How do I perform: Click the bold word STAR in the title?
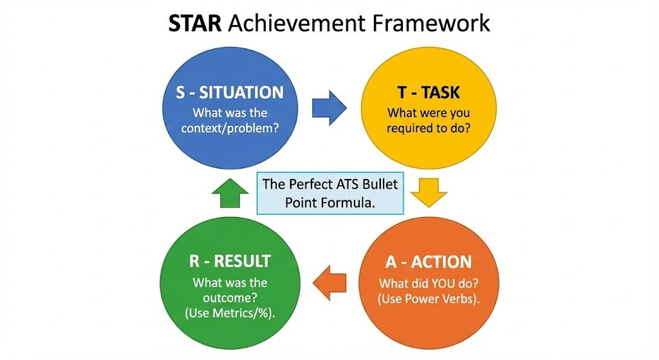click(x=194, y=23)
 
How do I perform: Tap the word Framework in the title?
click(x=431, y=23)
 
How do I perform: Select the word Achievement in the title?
click(x=297, y=23)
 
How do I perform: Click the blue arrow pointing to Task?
click(x=329, y=108)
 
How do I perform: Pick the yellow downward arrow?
click(x=429, y=193)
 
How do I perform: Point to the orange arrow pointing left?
click(x=330, y=283)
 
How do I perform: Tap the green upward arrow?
click(x=230, y=193)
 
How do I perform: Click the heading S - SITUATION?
click(x=230, y=93)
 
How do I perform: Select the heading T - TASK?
click(x=429, y=93)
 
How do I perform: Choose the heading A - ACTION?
click(x=429, y=262)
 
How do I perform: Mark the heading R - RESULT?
click(x=230, y=261)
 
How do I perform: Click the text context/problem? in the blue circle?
click(x=230, y=128)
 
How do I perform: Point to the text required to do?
click(x=429, y=128)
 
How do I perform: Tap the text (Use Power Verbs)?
click(x=429, y=299)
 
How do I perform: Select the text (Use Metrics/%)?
click(x=230, y=314)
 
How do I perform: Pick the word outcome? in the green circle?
click(x=230, y=298)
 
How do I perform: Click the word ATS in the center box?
click(x=347, y=184)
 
